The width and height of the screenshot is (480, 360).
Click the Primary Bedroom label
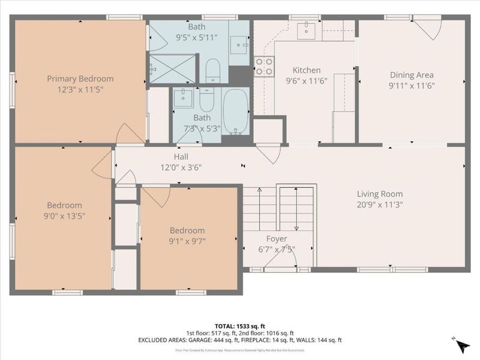(x=80, y=79)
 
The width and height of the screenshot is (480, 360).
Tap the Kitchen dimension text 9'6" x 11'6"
(x=306, y=81)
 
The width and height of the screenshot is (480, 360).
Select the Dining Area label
(x=412, y=75)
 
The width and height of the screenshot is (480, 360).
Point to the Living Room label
(x=380, y=194)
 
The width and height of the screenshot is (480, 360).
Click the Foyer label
(x=277, y=239)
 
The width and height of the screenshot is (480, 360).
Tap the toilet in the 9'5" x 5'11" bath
(x=213, y=71)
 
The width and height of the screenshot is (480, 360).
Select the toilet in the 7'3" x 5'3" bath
(x=206, y=100)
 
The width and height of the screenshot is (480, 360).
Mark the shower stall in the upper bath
(x=172, y=68)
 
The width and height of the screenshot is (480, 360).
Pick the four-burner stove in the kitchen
(x=264, y=65)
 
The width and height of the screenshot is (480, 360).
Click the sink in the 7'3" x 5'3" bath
(x=183, y=98)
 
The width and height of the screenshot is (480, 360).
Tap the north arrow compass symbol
(x=462, y=347)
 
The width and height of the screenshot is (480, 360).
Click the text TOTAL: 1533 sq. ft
(x=239, y=325)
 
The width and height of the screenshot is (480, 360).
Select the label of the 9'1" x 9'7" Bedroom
(x=187, y=230)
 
